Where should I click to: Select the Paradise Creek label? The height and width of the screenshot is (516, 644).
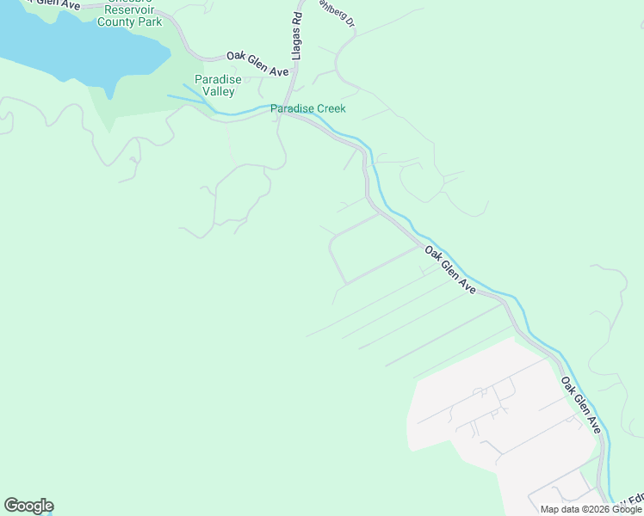coord(307,109)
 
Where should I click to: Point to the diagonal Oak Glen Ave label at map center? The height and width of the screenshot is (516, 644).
coord(449,271)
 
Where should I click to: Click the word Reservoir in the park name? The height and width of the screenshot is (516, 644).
coord(128,9)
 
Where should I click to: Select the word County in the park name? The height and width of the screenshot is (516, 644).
coord(115,21)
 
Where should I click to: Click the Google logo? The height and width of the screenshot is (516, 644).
coord(28,506)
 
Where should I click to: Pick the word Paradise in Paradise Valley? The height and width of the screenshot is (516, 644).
coord(218,80)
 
